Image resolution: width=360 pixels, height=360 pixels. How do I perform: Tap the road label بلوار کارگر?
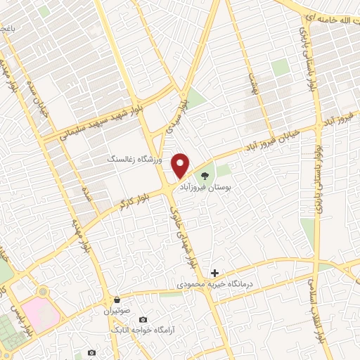pyautogui.click(x=129, y=200)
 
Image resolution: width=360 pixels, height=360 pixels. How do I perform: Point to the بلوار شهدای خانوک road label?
pyautogui.click(x=187, y=226)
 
